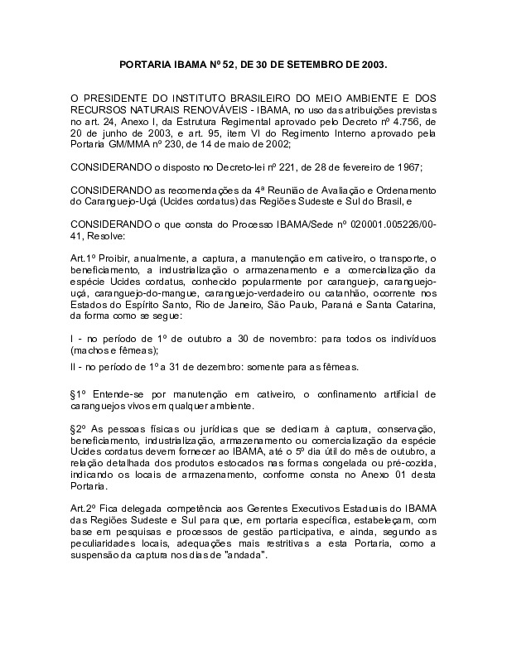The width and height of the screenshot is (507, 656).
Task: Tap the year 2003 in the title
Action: click(368, 64)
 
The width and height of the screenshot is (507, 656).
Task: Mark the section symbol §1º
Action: click(80, 394)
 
